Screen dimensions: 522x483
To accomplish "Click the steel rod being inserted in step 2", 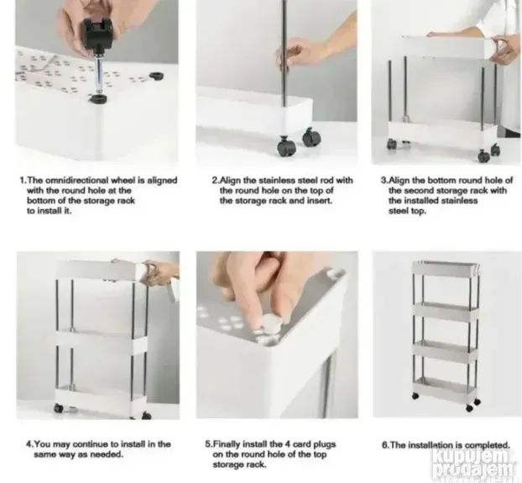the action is click(x=284, y=53).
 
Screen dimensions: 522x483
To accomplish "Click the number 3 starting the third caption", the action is click(x=384, y=181).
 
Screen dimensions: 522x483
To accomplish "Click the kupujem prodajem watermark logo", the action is click(x=473, y=464).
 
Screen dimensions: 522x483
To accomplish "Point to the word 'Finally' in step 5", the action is click(x=227, y=444).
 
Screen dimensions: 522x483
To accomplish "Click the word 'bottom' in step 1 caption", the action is click(x=40, y=201).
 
